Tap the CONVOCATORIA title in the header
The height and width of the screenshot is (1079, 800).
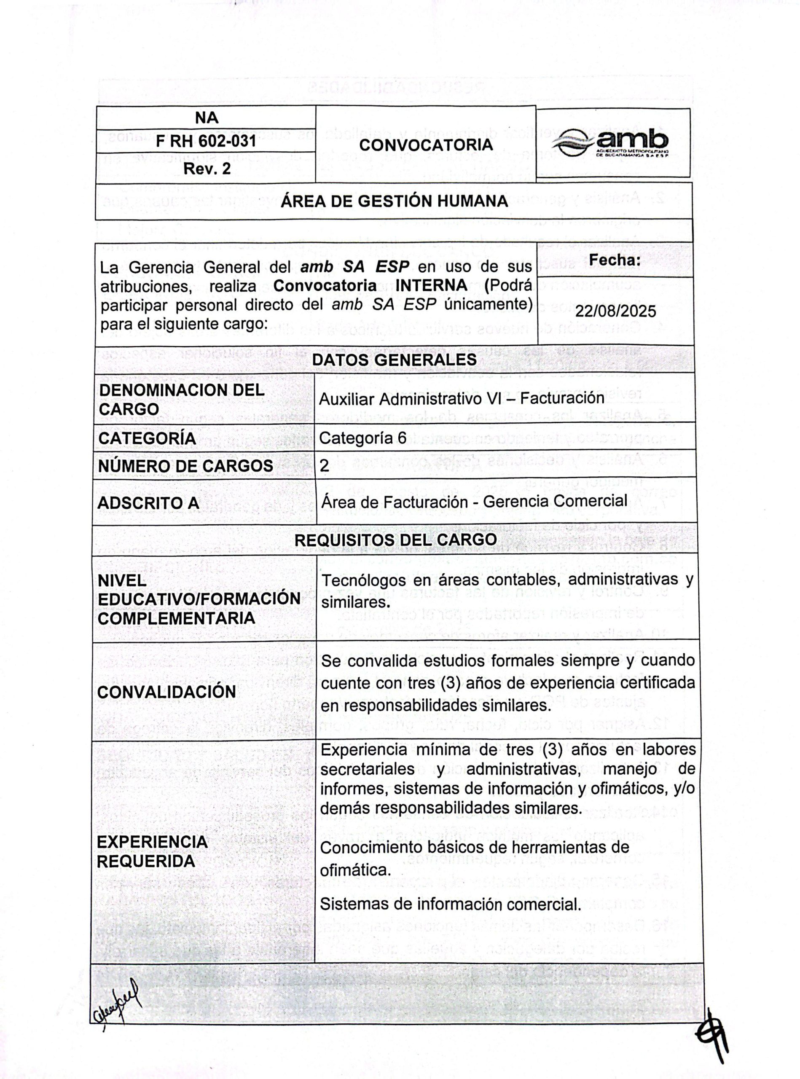426,145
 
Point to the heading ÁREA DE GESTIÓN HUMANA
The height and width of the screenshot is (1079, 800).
394,201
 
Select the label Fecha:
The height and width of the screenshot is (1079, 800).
615,260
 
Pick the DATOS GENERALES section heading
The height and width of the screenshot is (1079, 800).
394,360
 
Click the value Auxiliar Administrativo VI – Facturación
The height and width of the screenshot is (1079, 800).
462,398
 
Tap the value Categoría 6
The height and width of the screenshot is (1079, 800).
362,438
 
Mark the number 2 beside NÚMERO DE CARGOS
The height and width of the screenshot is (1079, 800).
325,465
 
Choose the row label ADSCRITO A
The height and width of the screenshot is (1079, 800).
148,503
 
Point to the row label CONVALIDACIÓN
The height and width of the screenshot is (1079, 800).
166,692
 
